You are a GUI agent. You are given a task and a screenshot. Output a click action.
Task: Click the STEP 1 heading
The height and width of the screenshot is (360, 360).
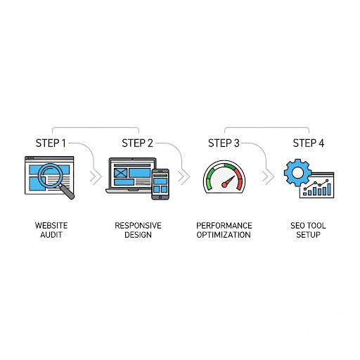(51, 143)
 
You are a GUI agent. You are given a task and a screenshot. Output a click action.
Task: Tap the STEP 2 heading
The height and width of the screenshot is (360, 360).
(137, 143)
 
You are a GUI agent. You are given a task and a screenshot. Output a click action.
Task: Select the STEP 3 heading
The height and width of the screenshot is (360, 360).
(224, 143)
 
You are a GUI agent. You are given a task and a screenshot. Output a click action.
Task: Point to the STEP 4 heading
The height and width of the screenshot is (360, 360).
(309, 143)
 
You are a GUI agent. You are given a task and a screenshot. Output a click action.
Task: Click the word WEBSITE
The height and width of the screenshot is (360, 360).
(51, 226)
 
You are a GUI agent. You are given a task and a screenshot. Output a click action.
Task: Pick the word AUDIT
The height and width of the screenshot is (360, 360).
(51, 235)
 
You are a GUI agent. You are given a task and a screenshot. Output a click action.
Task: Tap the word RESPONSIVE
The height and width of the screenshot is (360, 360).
(138, 226)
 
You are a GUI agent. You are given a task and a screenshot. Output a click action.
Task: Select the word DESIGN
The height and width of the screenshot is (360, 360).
(138, 235)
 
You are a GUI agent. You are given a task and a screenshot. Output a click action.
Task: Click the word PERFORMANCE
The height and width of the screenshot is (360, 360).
(224, 226)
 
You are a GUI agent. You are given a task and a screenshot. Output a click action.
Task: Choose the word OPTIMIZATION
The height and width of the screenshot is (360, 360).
(224, 235)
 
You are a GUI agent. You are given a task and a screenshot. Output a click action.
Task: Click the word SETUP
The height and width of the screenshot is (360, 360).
(308, 235)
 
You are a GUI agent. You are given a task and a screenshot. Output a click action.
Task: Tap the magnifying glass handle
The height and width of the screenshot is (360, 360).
(67, 192)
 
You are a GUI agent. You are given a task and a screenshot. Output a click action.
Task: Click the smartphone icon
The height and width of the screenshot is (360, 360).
(160, 184)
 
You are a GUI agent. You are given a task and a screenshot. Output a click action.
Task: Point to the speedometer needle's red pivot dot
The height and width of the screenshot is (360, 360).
(224, 185)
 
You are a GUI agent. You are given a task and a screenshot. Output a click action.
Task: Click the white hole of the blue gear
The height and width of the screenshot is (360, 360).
(297, 173)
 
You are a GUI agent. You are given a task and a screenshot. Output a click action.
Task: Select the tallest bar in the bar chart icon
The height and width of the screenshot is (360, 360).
(329, 189)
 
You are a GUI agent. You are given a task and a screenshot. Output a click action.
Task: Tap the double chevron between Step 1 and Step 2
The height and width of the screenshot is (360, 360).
(96, 176)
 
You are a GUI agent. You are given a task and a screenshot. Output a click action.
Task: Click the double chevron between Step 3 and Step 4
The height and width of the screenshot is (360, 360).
(268, 176)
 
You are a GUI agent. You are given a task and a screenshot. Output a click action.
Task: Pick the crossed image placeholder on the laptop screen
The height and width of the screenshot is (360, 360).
(121, 173)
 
